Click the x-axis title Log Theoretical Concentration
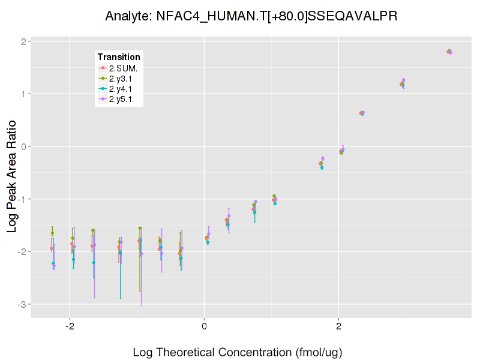coord(238,352)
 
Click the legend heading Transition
coord(119,57)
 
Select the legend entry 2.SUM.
coord(123,68)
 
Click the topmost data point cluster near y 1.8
coord(449,52)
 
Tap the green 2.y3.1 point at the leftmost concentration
coord(53,233)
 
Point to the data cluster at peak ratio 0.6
coord(362,113)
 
